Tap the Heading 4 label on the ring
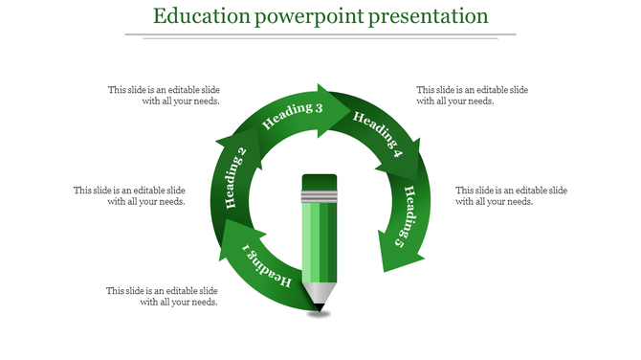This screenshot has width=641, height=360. tap(378, 134)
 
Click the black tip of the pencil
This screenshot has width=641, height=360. tap(320, 307)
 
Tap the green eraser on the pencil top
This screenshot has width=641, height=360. tap(320, 182)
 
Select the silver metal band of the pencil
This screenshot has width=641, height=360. tap(320, 198)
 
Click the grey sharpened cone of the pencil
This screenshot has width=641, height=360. tap(320, 292)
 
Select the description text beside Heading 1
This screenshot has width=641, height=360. tap(162, 296)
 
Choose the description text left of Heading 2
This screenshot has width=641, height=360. tap(129, 195)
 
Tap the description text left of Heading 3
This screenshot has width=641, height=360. tap(164, 95)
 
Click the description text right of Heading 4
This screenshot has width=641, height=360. tap(472, 95)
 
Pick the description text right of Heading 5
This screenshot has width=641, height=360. tap(511, 195)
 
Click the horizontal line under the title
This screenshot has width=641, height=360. tap(320, 35)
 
